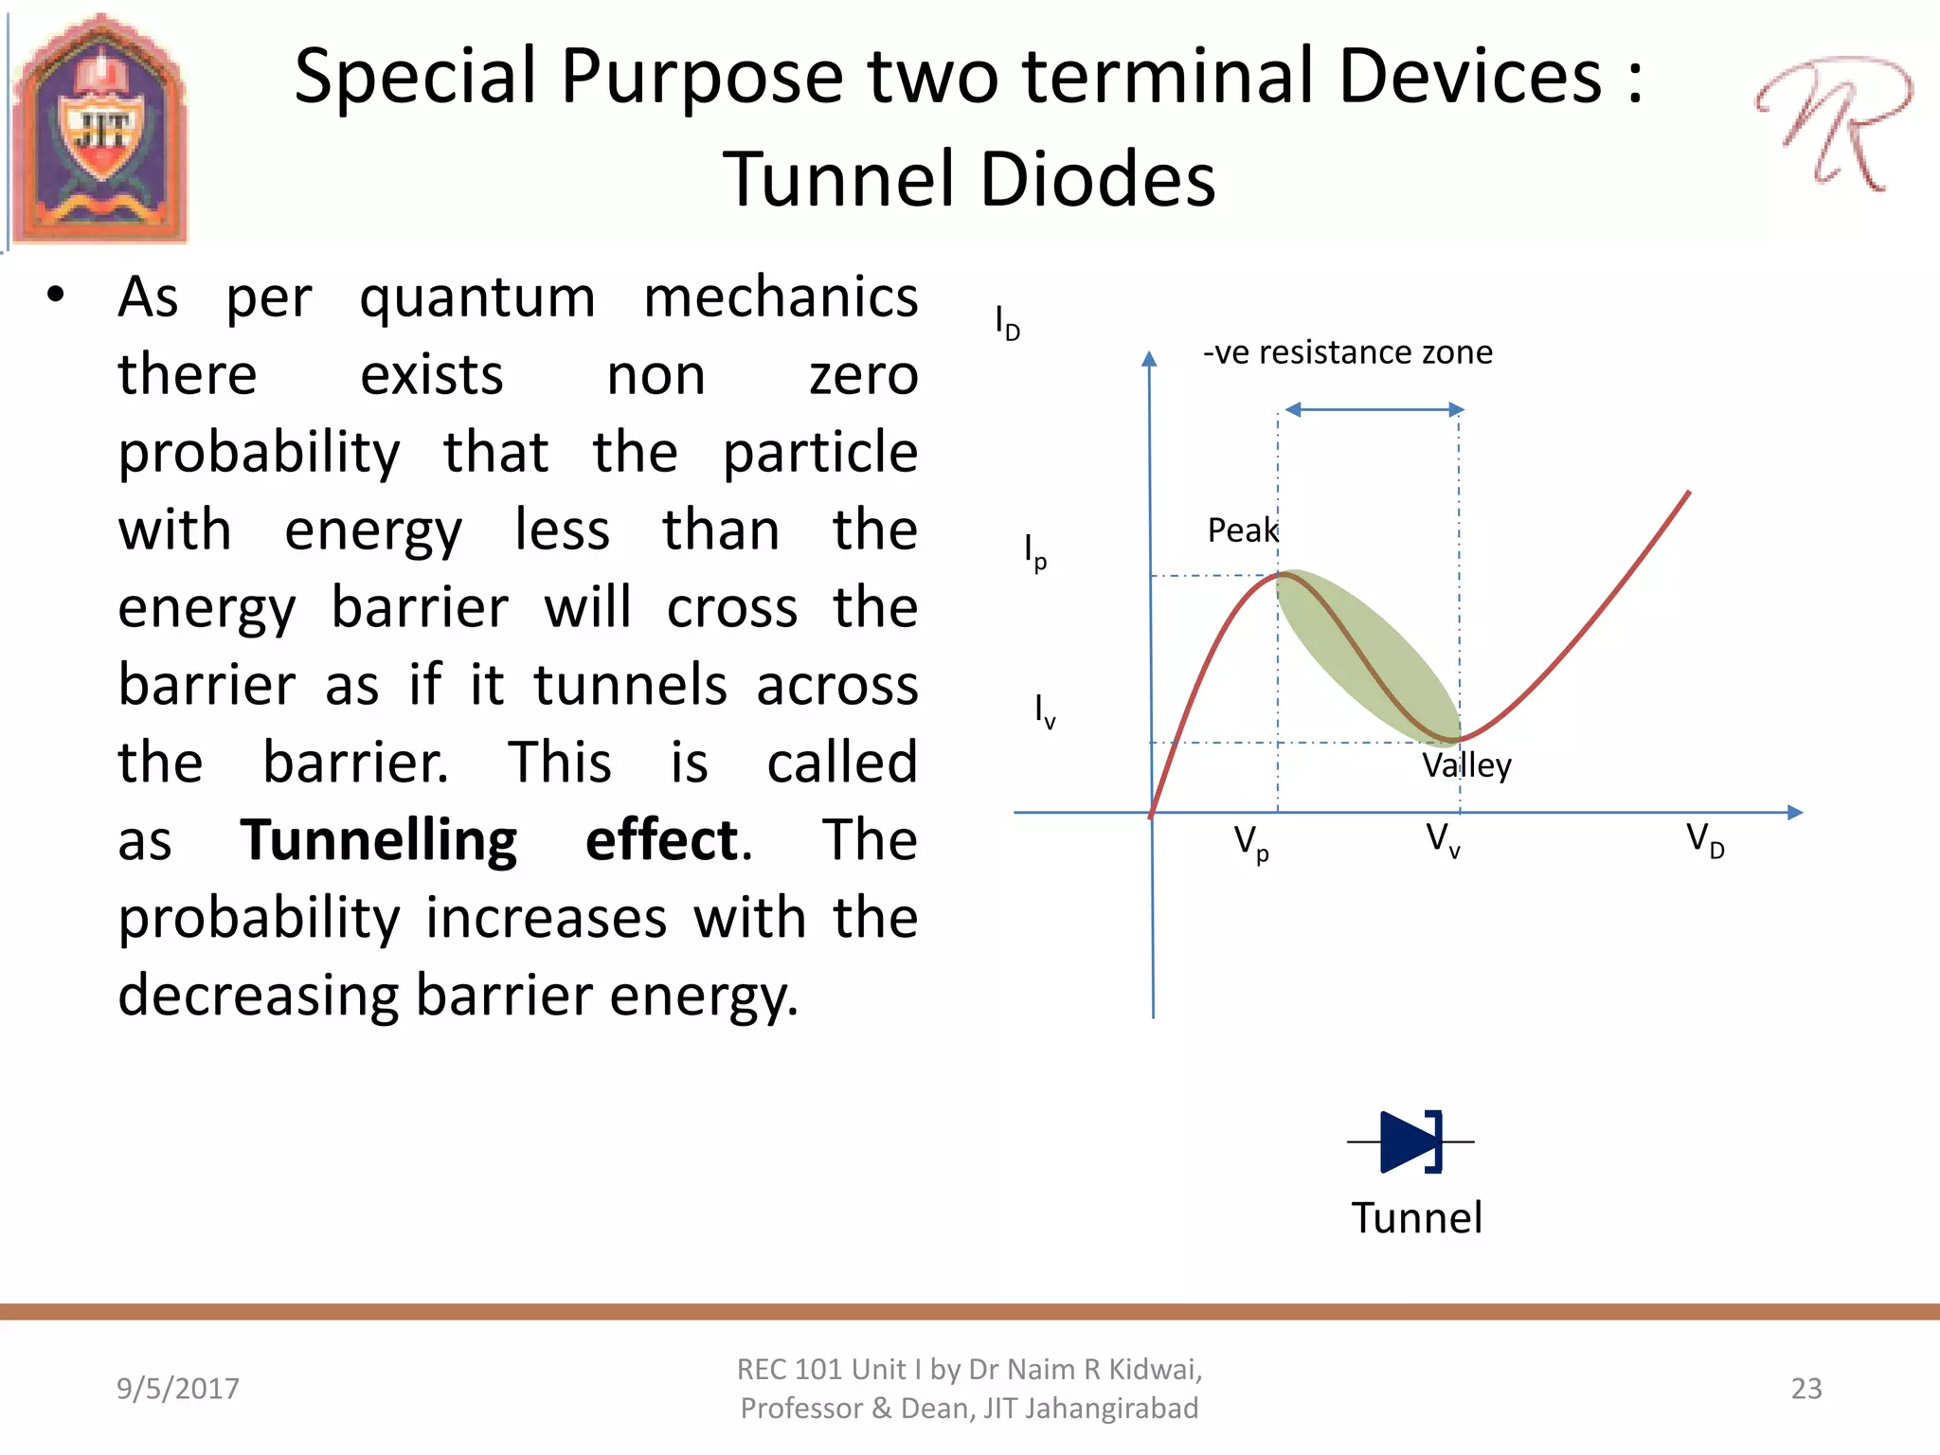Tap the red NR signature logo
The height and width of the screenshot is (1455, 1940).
pos(1832,123)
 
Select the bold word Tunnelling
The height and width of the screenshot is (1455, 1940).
pos(378,840)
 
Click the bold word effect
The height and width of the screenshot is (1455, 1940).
pos(667,840)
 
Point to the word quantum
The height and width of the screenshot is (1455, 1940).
pos(477,299)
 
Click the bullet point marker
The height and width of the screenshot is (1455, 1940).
pos(56,295)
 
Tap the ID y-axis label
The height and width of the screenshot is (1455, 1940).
pos(1007,324)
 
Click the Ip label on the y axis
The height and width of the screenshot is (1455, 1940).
pos(1035,551)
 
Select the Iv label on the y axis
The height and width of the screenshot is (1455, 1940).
pos(1044,710)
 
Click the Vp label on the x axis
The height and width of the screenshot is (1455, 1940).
pos(1250,843)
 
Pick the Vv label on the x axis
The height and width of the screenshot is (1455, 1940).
pos(1443,840)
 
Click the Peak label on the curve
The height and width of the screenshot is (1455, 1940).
pos(1242,530)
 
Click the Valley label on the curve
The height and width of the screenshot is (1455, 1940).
pos(1466,765)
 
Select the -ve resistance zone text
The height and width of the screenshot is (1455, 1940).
pos(1347,352)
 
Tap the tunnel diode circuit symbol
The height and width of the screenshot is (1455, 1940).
pos(1410,1141)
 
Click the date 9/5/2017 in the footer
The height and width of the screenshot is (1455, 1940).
pos(177,1389)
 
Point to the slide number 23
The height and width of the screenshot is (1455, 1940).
pos(1805,1389)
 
